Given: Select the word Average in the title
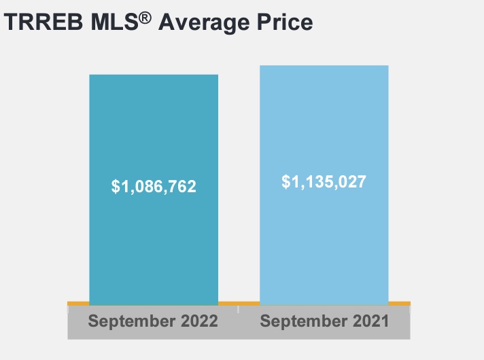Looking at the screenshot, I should click(203, 22).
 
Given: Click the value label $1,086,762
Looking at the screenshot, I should click(154, 186).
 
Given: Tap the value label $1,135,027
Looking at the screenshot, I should click(324, 181).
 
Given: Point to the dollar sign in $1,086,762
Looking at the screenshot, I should click(116, 186).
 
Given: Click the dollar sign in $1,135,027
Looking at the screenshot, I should click(286, 181).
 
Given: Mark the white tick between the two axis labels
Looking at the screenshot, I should click(239, 310).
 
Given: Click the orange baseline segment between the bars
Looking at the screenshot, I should click(239, 302).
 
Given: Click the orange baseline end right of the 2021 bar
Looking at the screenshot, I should click(399, 302).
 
